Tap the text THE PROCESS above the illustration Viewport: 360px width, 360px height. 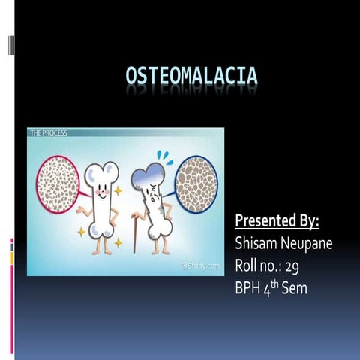[x=49, y=133]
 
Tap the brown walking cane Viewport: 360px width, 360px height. [x=136, y=233]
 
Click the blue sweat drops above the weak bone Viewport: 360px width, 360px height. [x=166, y=159]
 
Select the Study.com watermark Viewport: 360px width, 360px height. [x=200, y=265]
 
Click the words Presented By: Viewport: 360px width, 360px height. [x=277, y=221]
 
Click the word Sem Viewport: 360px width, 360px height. [x=295, y=287]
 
